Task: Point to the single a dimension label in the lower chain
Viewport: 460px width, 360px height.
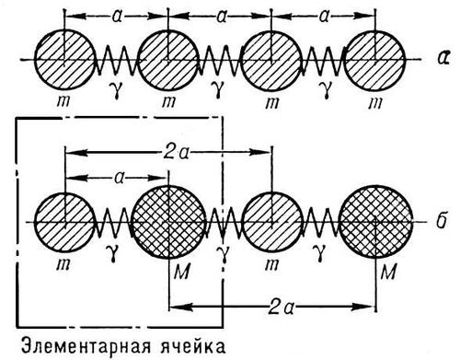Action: point(116,172)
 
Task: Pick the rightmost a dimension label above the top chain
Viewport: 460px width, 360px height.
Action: point(325,16)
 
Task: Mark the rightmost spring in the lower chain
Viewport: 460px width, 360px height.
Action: point(323,226)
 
